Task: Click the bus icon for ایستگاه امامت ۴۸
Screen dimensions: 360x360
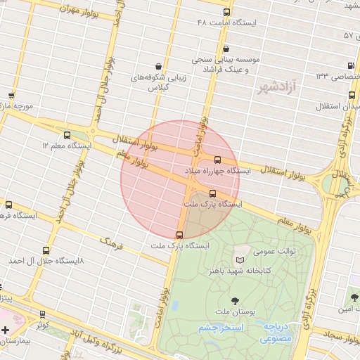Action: tap(226, 13)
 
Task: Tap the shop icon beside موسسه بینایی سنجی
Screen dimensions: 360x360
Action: tap(226, 49)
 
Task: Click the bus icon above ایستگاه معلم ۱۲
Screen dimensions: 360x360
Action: tap(67, 135)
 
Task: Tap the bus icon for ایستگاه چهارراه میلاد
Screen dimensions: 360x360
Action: tap(217, 160)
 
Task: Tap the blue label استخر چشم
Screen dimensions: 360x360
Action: tap(221, 328)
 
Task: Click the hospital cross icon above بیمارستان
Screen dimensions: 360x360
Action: tap(6, 330)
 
